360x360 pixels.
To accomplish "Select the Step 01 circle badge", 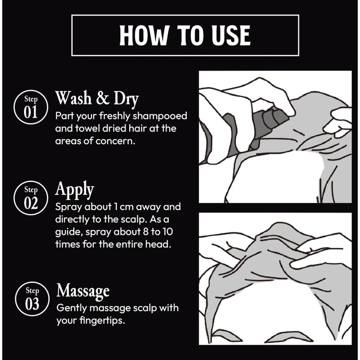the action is point(31,107).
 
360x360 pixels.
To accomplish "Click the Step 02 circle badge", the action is point(31,198).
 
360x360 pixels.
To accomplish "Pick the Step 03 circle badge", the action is point(32,299).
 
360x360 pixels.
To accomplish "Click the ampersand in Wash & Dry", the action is point(103,98).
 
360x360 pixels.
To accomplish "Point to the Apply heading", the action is point(75,190).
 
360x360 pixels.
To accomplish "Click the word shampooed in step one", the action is point(160,116).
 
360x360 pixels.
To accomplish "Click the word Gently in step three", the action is point(72,308).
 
